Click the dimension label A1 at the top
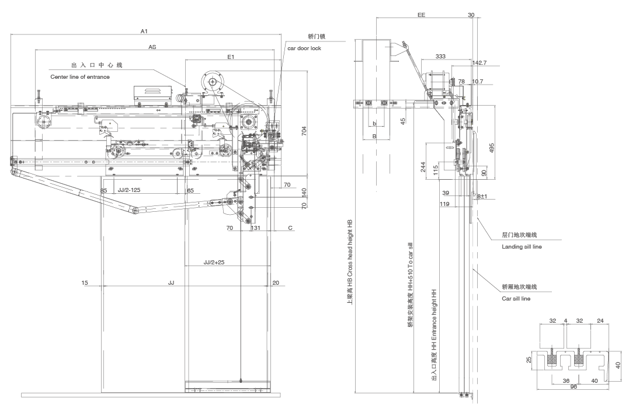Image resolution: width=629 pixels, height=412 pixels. coord(144,31)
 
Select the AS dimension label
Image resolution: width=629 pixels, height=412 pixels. coord(152,46)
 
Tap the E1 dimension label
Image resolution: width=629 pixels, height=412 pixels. coord(231,57)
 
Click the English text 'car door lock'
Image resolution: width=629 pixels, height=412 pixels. coord(304,48)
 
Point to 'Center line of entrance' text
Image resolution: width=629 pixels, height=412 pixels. coord(79,76)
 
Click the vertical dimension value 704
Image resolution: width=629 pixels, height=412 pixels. coord(304,132)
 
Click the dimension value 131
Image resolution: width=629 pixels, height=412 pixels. coord(255,228)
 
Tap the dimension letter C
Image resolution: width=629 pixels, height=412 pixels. coord(290,228)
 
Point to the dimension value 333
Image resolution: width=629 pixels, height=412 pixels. coord(440,57)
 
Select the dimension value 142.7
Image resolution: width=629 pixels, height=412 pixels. coord(479,62)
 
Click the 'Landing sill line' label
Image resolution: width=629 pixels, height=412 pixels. coord(522,247)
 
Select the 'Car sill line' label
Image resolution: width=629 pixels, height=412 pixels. coord(516,298)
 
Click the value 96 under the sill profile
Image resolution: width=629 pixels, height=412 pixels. coord(574,387)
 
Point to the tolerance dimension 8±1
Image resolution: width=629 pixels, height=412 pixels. coord(481,197)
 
